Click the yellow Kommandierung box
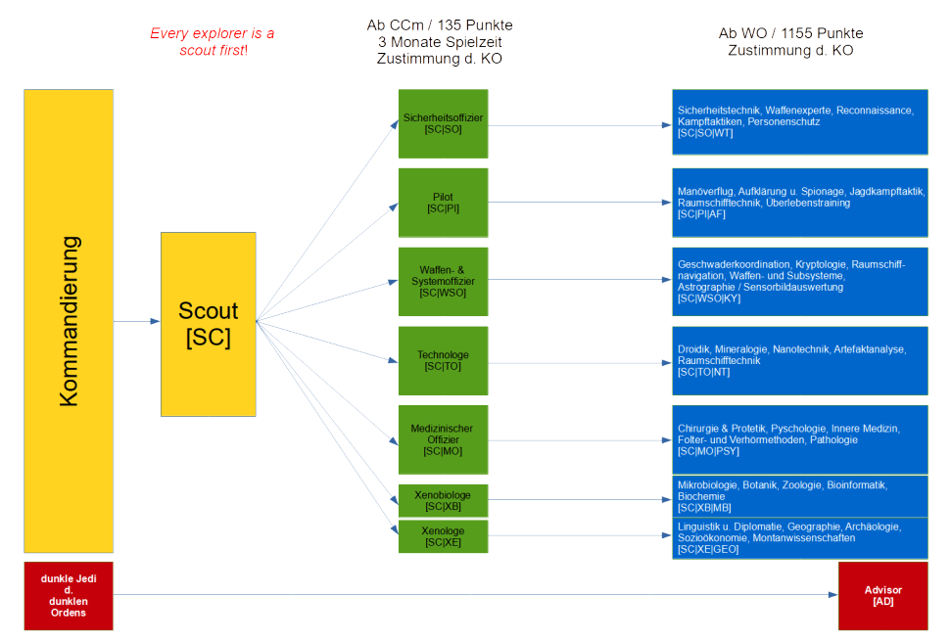tap(69, 321)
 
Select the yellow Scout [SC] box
tap(208, 323)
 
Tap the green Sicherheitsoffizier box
tap(443, 123)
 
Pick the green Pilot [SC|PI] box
tap(443, 203)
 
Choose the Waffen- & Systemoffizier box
tap(443, 282)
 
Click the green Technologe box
tap(443, 360)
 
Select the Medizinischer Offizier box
tap(443, 439)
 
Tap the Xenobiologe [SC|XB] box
tap(443, 500)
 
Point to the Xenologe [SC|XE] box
tap(443, 536)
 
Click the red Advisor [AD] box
tap(882, 595)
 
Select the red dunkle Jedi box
tap(69, 595)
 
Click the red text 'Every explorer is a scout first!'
tap(212, 41)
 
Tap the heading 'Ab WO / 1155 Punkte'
tap(791, 33)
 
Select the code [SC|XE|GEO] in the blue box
tap(708, 550)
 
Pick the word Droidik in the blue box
tap(693, 349)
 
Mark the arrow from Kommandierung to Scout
tap(137, 321)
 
